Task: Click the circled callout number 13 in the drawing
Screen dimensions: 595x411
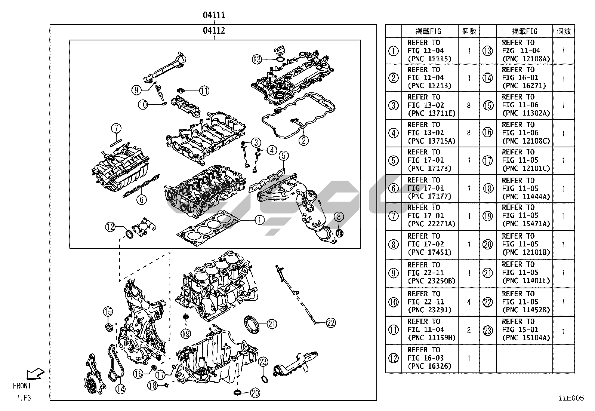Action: point(257,59)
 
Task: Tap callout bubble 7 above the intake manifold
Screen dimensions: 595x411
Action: point(116,128)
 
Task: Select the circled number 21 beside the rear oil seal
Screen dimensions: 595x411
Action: point(272,324)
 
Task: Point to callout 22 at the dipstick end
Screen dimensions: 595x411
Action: point(331,323)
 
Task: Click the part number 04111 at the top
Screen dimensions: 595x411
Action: point(214,15)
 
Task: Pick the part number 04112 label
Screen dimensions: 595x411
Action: point(214,30)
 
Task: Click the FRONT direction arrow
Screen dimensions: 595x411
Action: point(36,374)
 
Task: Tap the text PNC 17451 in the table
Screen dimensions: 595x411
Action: point(429,252)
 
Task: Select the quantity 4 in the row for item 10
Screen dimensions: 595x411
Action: point(469,302)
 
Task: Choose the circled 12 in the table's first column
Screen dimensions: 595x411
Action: point(394,358)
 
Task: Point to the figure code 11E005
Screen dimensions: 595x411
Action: point(571,398)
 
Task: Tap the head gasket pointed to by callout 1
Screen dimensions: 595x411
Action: point(209,228)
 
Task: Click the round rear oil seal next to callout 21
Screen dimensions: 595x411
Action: point(251,324)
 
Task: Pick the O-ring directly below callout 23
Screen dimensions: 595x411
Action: point(265,379)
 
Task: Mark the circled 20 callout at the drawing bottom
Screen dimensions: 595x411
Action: point(255,393)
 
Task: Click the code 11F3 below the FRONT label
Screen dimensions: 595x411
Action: point(24,398)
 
